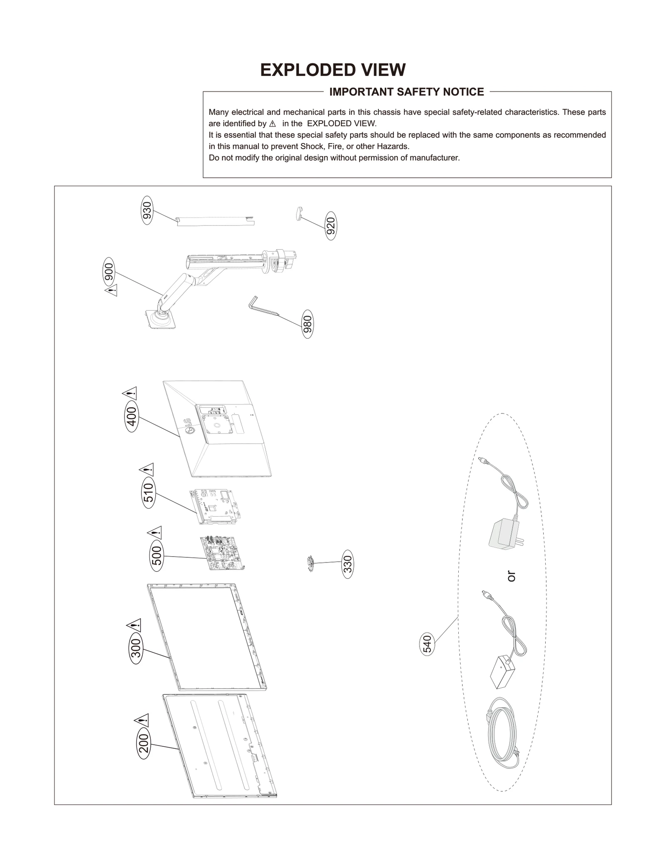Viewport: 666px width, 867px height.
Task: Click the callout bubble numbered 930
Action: point(147,211)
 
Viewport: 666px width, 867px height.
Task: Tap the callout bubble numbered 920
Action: point(331,226)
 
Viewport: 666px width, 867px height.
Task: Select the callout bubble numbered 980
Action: point(307,324)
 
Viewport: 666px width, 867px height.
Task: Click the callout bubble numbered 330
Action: point(348,564)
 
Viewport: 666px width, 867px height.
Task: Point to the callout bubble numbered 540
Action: point(427,644)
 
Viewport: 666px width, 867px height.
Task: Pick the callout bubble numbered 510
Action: point(149,493)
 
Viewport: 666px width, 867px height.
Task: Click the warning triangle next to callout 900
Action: point(111,290)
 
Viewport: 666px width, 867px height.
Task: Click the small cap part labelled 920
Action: point(299,214)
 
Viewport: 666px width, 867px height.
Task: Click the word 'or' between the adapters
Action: point(511,576)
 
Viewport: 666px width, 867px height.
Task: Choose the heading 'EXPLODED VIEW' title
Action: point(333,70)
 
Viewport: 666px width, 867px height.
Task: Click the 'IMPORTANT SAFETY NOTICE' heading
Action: point(406,92)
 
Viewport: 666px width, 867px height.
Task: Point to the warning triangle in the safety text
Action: point(273,124)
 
